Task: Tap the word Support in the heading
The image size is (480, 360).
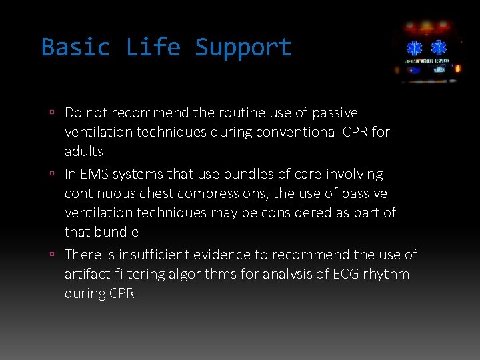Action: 243,47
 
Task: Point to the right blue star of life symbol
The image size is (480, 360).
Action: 438,48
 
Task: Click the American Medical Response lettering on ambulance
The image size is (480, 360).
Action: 427,61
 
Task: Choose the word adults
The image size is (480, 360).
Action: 84,151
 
